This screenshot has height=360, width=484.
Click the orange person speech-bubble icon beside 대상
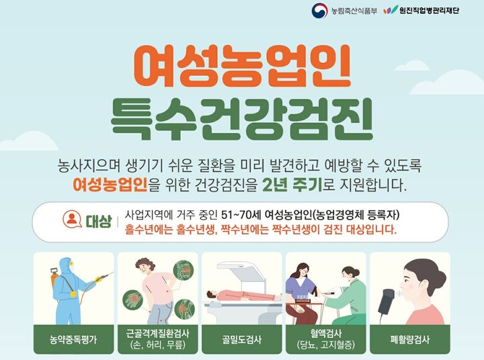pyautogui.click(x=70, y=220)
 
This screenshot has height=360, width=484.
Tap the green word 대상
pyautogui.click(x=97, y=221)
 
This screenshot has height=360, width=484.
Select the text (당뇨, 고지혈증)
pyautogui.click(x=325, y=345)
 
